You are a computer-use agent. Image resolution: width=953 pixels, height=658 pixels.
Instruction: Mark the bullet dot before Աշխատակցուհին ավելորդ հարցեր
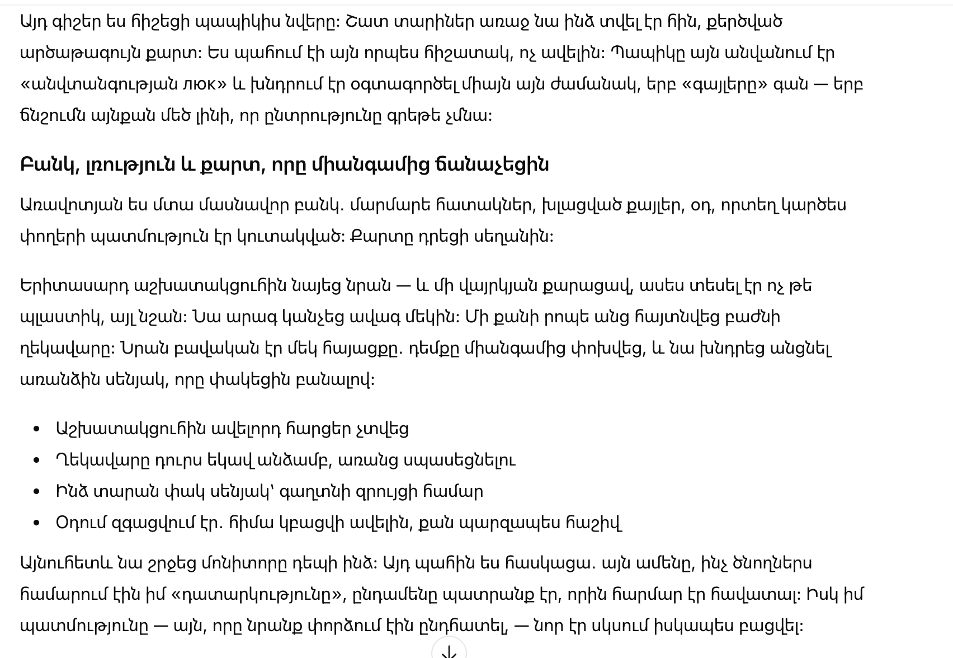click(x=37, y=429)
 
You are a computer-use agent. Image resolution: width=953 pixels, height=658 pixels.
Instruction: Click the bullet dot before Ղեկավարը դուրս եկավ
click(x=37, y=460)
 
